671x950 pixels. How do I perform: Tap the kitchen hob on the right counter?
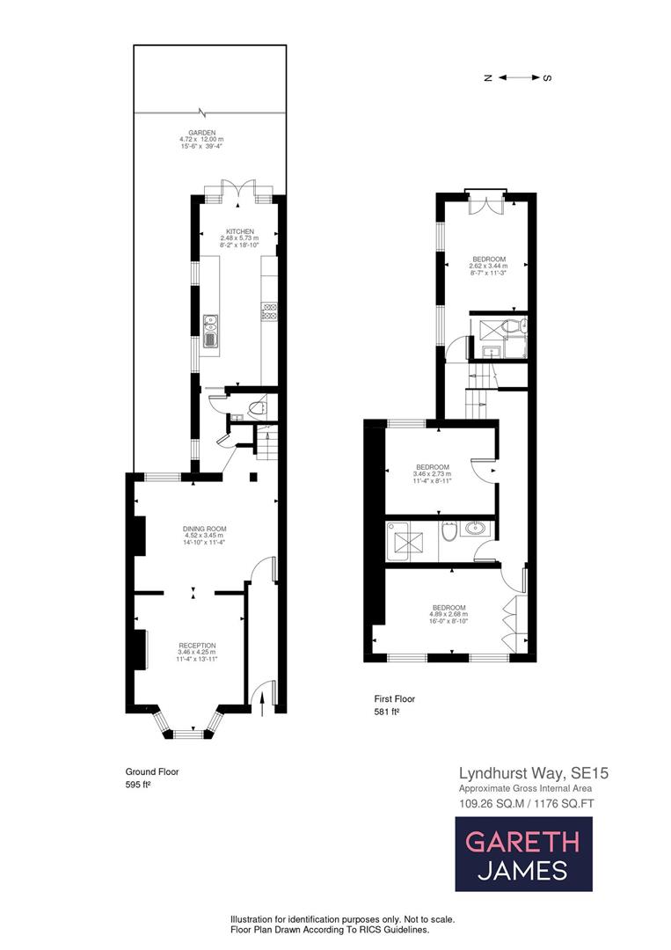269,311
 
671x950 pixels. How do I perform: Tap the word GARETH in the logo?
522,842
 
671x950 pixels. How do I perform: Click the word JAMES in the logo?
522,872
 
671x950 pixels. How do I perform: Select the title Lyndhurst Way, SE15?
534,773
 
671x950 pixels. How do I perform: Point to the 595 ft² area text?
137,785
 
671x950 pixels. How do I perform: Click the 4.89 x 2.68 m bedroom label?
448,614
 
